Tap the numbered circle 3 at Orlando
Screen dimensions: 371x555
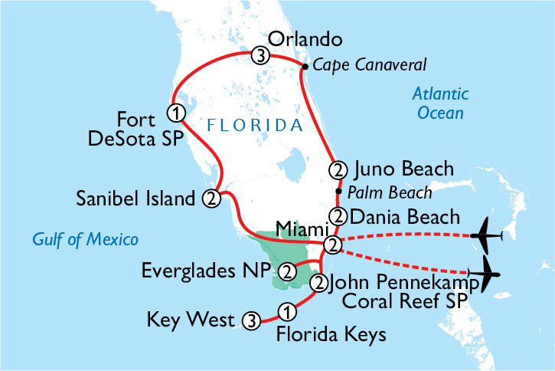click(x=260, y=55)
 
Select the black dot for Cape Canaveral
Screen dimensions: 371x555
click(x=305, y=67)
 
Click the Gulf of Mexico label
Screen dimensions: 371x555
click(x=85, y=240)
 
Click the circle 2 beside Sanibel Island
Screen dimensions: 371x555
click(x=211, y=199)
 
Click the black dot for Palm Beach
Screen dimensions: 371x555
click(x=338, y=191)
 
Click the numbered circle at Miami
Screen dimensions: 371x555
click(x=331, y=245)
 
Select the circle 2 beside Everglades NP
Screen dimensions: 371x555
click(x=287, y=271)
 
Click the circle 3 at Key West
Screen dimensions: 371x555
click(x=250, y=320)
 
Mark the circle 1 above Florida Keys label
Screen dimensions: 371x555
click(x=286, y=311)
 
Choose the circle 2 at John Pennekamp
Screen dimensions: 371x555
click(x=319, y=284)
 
